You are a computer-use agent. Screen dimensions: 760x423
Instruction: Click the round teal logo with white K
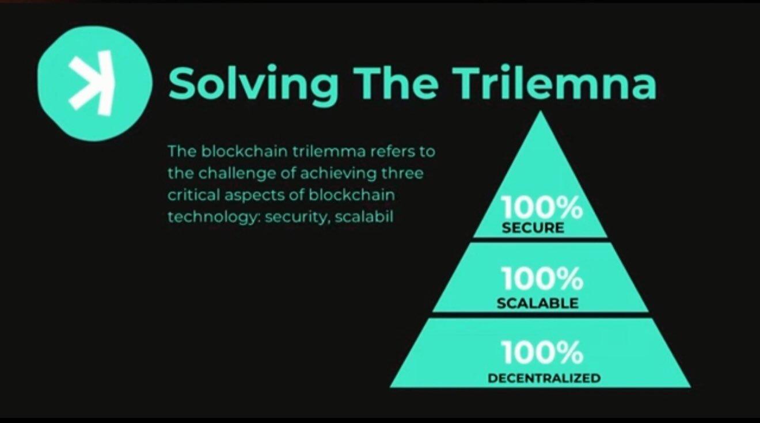[x=94, y=83]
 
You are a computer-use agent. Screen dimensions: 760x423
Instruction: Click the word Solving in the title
[x=253, y=84]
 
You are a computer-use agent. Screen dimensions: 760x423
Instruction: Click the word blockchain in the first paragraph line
[x=244, y=151]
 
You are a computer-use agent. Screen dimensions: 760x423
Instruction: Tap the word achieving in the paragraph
[x=339, y=174]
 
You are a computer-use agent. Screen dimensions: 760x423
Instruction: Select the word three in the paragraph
[x=402, y=173]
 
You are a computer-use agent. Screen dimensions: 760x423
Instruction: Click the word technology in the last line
[x=214, y=217]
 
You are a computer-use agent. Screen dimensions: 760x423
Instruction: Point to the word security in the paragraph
[x=297, y=217]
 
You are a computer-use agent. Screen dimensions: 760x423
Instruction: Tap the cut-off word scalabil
[x=364, y=216]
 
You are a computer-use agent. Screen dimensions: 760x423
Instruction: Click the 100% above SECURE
[x=541, y=207]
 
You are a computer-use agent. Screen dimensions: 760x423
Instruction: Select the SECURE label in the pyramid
[x=533, y=227]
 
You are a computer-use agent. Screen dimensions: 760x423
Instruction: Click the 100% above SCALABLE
[x=542, y=278]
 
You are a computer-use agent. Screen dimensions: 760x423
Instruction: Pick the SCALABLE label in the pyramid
[x=538, y=303]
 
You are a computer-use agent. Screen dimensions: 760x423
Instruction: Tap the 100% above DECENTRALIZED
[x=542, y=353]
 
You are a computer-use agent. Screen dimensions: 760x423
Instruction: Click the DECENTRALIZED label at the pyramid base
[x=544, y=378]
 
